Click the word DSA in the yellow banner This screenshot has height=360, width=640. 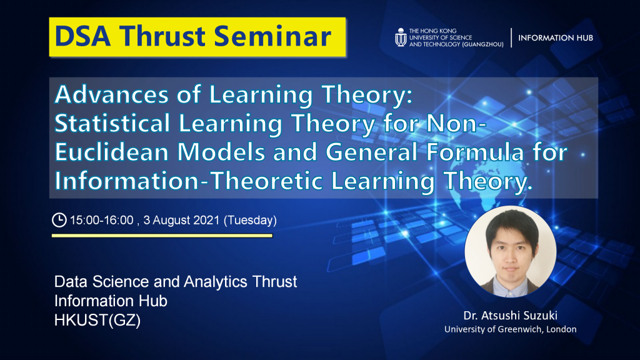tap(83, 36)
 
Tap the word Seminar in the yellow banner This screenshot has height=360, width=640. tap(272, 36)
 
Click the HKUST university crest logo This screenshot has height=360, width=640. tap(401, 37)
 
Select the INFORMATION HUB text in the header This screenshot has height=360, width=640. tap(556, 38)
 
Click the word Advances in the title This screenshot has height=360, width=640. tap(111, 94)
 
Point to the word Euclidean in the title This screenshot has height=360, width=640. tap(111, 152)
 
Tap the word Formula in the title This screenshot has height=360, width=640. tap(475, 152)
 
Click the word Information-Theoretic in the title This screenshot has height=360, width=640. tap(189, 181)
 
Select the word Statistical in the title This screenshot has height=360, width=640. tap(112, 123)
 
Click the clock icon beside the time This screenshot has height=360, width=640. tap(59, 220)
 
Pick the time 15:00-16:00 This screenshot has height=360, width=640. tap(102, 221)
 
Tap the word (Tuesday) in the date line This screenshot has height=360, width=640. tap(250, 221)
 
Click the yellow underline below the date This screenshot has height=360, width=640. tap(162, 236)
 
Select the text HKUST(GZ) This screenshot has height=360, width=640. tap(97, 321)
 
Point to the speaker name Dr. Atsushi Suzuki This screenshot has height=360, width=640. tap(510, 316)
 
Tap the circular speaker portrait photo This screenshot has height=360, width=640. tap(510, 251)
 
